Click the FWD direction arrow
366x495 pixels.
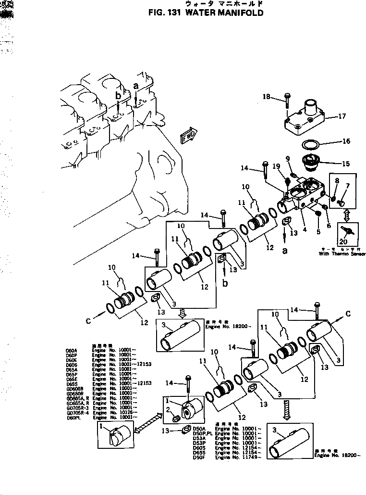[x=187, y=136]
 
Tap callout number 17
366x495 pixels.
[x=342, y=116]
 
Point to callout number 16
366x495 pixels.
[x=345, y=141]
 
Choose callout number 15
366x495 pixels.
[x=345, y=164]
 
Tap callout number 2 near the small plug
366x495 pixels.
[x=168, y=409]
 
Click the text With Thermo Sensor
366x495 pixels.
[x=342, y=254]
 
